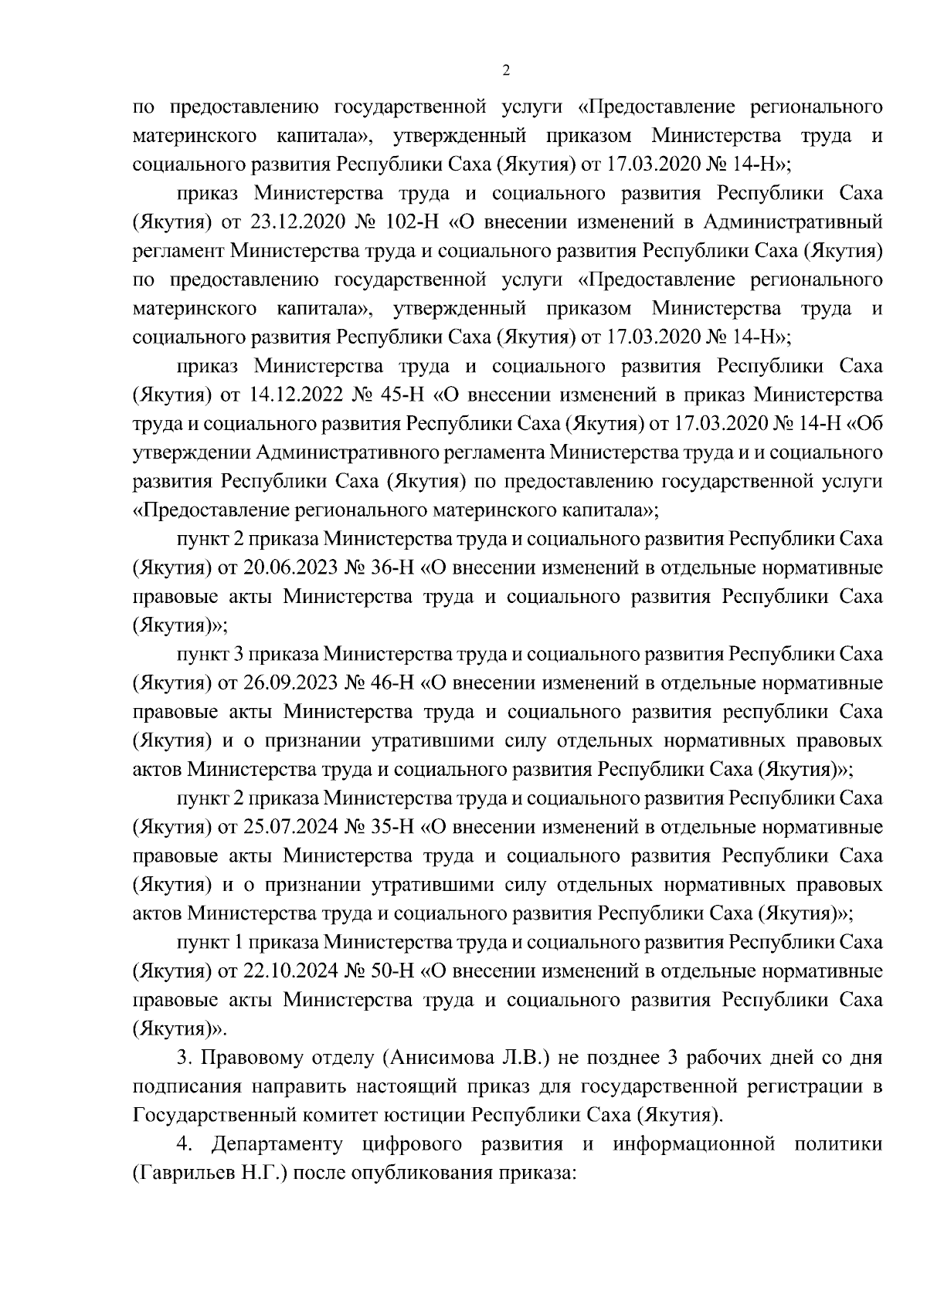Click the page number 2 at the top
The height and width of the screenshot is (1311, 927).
(x=506, y=71)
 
